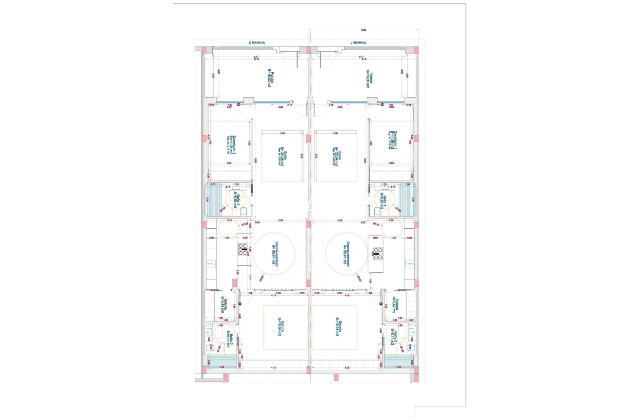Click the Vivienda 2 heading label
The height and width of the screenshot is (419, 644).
[257, 43]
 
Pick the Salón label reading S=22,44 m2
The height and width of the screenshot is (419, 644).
[336, 157]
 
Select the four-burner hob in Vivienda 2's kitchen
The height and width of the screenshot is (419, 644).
[242, 249]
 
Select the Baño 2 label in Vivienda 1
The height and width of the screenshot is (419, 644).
[394, 337]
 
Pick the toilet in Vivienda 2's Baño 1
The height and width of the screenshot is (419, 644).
[244, 211]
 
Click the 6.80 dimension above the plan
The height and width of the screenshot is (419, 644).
[363, 30]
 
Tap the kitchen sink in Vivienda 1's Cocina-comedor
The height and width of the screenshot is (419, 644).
[409, 264]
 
